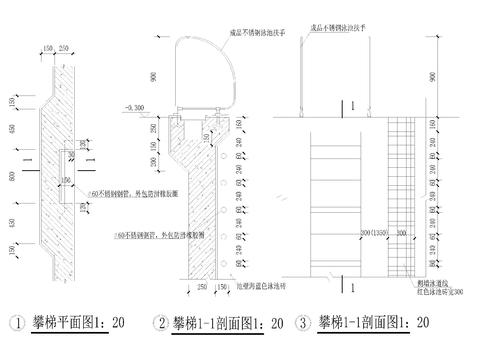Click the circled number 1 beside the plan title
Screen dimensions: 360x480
(x=16, y=323)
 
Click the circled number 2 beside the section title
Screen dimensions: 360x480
(x=160, y=323)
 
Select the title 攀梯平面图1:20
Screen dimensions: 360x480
(x=80, y=322)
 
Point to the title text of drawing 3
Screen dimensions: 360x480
(x=374, y=322)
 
